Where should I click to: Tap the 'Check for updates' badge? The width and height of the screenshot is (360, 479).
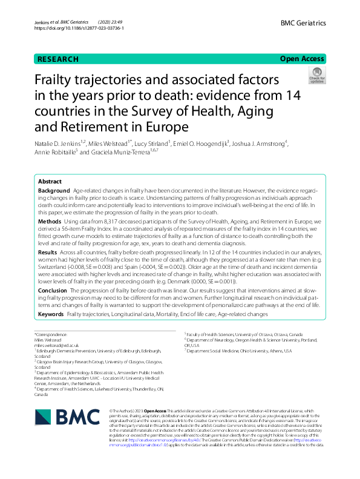pos(316,76)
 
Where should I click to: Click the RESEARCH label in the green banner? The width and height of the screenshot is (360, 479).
pos(58,59)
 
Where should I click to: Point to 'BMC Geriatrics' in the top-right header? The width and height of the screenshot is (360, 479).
pos(303,23)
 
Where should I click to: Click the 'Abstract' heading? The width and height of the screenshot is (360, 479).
pos(50,182)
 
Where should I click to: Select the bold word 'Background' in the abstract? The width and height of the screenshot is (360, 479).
pos(53,191)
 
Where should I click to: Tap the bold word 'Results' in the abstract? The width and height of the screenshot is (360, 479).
pos(48,252)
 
